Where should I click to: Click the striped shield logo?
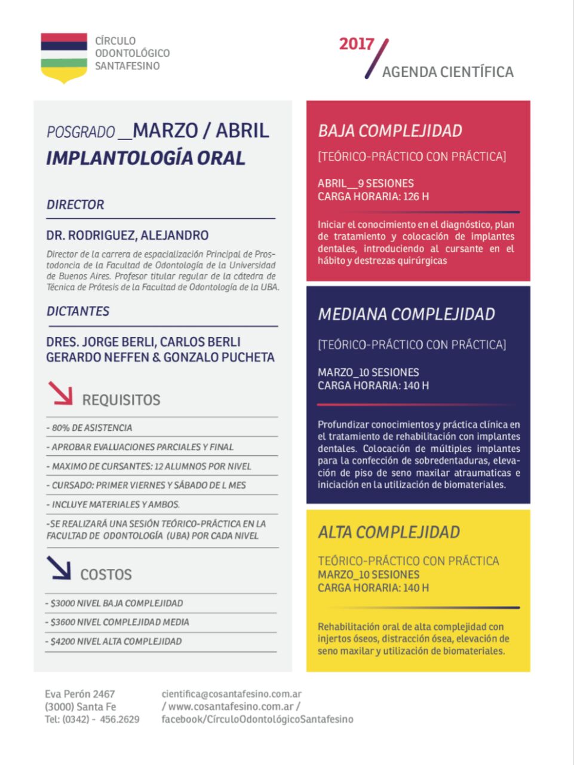64,57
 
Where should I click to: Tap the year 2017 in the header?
356,44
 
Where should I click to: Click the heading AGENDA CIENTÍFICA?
447,72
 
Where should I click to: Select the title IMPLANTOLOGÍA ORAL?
146,158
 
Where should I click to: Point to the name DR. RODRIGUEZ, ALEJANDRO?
127,235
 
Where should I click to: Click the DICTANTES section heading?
78,311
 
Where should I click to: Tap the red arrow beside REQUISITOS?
60,393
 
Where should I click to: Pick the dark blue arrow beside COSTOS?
59,568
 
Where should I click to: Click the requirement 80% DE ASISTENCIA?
92,428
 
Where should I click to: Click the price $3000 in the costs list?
63,603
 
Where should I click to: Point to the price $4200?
63,641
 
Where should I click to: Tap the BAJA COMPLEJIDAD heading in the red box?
390,131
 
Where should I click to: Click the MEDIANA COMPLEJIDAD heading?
406,314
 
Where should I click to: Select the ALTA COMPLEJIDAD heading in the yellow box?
389,533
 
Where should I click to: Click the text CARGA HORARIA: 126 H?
373,197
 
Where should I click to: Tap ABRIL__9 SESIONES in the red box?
366,183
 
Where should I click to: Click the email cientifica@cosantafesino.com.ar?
231,694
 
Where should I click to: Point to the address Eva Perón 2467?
79,694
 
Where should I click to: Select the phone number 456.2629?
119,719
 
